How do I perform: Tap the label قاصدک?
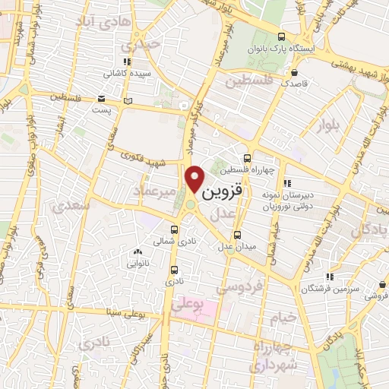coord(293,85)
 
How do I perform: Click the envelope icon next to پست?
coord(102,98)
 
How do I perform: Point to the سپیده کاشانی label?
coord(127,75)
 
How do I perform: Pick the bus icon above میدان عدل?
coord(238,234)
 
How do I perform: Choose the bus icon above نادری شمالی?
coord(176,229)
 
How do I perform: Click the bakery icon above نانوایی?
coord(138,252)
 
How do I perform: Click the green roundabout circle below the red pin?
coord(190,204)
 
